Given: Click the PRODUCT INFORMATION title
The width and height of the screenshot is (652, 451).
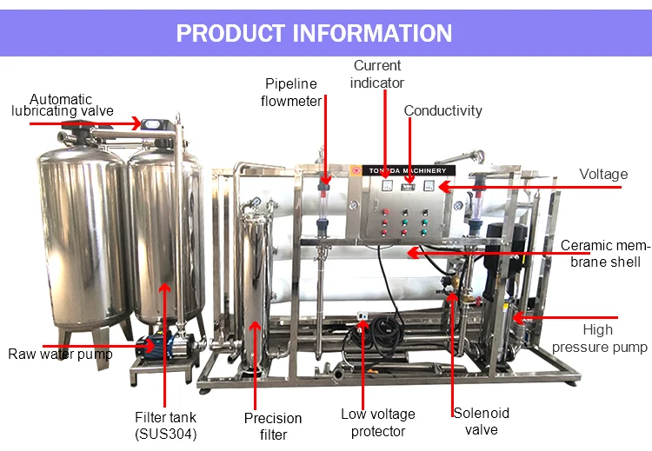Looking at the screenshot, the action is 314,33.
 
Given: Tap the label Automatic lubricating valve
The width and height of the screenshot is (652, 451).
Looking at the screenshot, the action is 62,105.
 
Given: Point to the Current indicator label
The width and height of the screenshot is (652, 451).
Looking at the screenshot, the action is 377,74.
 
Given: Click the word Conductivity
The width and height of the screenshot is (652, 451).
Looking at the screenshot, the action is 442,110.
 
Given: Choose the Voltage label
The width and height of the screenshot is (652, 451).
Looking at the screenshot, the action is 603,174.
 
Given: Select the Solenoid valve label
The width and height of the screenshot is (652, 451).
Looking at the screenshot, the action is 481,421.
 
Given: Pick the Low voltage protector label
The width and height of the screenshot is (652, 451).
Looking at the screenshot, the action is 377,422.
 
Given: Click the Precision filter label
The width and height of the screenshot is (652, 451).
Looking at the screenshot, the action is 273,426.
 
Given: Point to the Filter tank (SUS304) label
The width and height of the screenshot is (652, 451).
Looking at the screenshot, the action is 165,425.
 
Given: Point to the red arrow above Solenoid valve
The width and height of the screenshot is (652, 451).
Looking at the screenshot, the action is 453,348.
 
